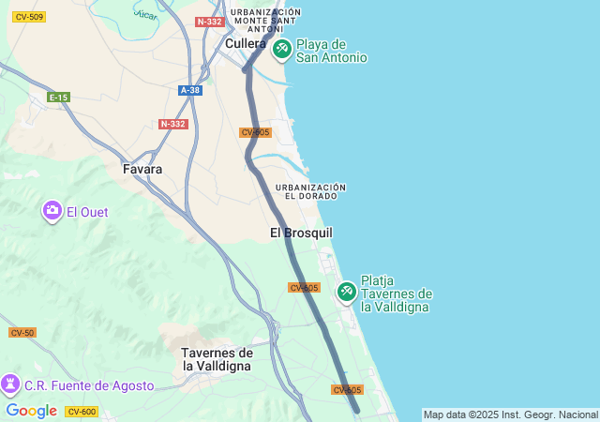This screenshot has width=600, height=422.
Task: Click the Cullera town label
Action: (x=246, y=43)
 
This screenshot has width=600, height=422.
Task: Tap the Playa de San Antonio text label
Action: (x=331, y=51)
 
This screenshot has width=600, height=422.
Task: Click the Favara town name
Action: (x=142, y=170)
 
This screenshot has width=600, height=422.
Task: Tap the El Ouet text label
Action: (x=87, y=212)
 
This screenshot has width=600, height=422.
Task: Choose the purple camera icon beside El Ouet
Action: (x=52, y=211)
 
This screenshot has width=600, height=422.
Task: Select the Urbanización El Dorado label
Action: (x=310, y=191)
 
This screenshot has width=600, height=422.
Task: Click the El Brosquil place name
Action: (x=301, y=233)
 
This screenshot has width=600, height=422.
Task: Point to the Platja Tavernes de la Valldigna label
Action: (x=396, y=293)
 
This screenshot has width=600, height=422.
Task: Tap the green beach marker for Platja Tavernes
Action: (x=346, y=292)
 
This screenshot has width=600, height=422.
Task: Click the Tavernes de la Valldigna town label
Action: (x=217, y=359)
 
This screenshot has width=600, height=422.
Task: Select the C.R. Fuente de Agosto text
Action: (x=89, y=385)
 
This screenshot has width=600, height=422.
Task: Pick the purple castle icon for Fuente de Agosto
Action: (x=10, y=384)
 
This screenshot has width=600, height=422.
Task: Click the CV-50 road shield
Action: (x=22, y=333)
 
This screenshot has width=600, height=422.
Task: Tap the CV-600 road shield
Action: (x=82, y=412)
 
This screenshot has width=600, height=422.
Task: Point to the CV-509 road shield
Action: (x=29, y=17)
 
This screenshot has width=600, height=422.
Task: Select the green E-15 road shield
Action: (x=58, y=98)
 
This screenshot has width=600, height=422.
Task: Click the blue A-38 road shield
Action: (x=190, y=90)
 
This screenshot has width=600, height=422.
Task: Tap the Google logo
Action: (x=31, y=411)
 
